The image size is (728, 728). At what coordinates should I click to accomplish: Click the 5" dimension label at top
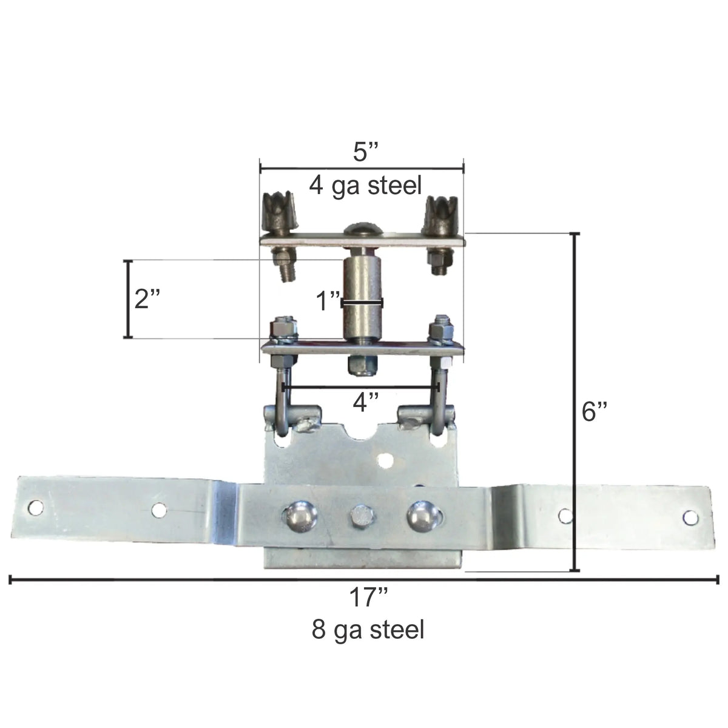click(362, 152)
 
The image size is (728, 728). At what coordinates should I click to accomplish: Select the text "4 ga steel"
click(365, 186)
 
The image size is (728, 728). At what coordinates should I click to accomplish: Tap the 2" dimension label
click(147, 298)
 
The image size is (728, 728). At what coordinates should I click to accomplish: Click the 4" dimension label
click(366, 402)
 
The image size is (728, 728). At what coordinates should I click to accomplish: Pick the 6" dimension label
click(594, 413)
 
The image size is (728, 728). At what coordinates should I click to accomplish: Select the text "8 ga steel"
click(368, 630)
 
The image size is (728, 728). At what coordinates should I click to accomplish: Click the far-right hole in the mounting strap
click(690, 517)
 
